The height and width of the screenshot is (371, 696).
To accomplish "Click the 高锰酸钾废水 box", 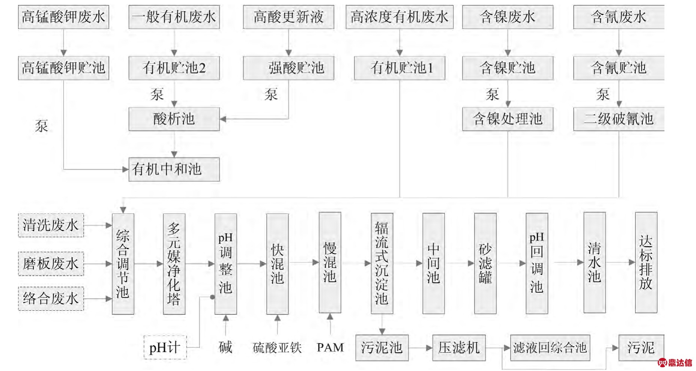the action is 63,17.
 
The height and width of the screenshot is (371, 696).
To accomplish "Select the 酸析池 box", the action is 174,119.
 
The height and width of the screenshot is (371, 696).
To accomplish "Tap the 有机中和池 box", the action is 174,170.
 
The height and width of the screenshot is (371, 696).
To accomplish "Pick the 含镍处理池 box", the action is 508,119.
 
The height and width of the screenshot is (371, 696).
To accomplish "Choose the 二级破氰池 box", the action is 619,119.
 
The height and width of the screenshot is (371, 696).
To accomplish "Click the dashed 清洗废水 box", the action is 51,225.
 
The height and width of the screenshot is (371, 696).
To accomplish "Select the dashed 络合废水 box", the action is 51,299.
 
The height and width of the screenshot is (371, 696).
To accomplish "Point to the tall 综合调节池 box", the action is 123,264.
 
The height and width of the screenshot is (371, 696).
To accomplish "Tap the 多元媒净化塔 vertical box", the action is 174,264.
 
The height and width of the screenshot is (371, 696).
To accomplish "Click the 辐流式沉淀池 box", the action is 382,263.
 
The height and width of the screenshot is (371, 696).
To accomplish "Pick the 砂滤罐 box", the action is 485,263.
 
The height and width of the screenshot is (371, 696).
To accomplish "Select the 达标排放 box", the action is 646,263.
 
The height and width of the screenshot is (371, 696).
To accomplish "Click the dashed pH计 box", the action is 165,348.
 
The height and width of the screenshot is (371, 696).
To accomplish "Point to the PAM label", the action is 330,347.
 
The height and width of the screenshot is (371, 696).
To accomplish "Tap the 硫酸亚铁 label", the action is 277,348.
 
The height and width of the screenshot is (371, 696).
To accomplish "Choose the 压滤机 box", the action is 459,348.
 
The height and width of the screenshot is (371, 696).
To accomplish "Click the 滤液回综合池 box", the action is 550,348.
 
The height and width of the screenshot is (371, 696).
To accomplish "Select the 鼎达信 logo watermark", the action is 675,362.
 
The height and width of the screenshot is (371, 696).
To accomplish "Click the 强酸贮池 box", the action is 288,68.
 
